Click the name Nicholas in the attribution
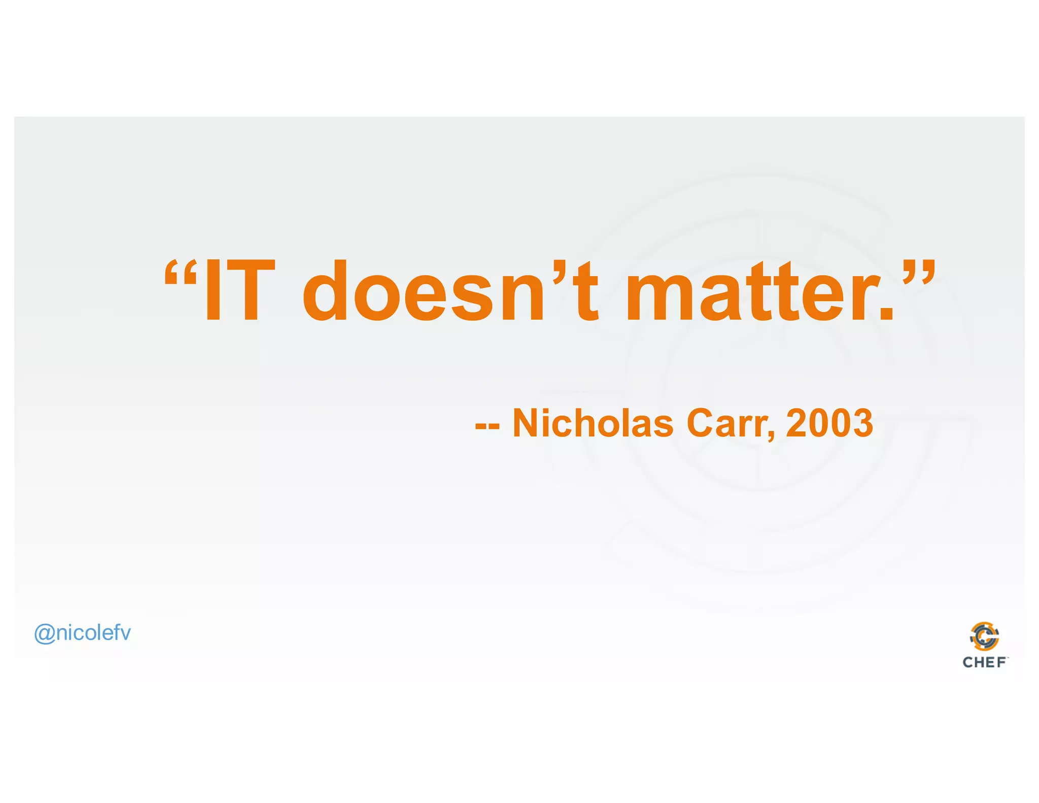coord(593,423)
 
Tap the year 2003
coord(829,423)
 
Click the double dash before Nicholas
coord(487,427)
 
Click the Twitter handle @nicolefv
coord(82,633)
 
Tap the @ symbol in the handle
coord(44,634)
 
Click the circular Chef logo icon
coord(984,637)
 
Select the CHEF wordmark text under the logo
coord(984,662)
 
